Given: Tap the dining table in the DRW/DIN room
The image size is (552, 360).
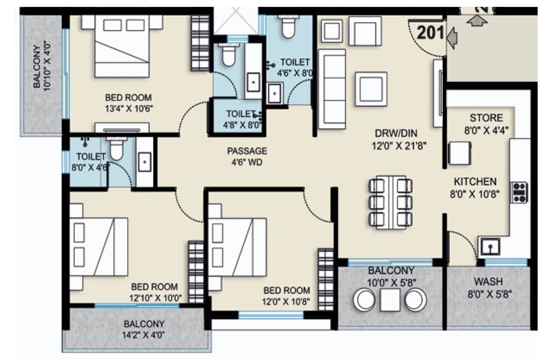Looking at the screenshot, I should pos(390,202).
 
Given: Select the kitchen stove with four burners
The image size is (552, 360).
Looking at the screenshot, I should pos(520,192).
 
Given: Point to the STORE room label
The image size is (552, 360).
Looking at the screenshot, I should pos(486,118).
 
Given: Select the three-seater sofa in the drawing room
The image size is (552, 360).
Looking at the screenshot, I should pos(333,88).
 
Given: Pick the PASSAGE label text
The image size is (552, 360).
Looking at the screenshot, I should pos(247,151).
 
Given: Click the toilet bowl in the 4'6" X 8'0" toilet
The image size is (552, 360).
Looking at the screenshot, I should pos(288,27).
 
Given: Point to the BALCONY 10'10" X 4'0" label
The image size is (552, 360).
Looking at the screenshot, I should pos(42,66).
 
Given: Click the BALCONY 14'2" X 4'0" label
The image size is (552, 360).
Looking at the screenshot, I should pos(144,329).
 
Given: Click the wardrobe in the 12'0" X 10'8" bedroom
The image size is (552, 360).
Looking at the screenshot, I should pos(326,271).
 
